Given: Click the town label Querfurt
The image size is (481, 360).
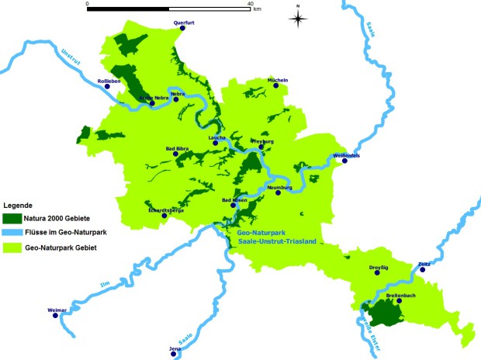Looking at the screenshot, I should [x=183, y=23].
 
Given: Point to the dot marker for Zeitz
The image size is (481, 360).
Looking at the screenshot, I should [x=423, y=271].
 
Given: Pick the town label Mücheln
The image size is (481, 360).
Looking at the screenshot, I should [x=278, y=80].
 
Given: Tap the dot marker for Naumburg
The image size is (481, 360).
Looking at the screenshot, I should [x=278, y=192].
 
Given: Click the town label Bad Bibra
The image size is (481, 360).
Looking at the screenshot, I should [x=177, y=147].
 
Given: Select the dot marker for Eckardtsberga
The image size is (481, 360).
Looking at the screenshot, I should [x=164, y=216].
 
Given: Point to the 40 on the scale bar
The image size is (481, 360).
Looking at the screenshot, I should [x=250, y=4].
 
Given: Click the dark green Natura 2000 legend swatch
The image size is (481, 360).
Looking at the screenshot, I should [x=12, y=217].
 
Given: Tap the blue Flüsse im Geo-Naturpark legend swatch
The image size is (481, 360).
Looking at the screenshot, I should [x=12, y=232].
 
